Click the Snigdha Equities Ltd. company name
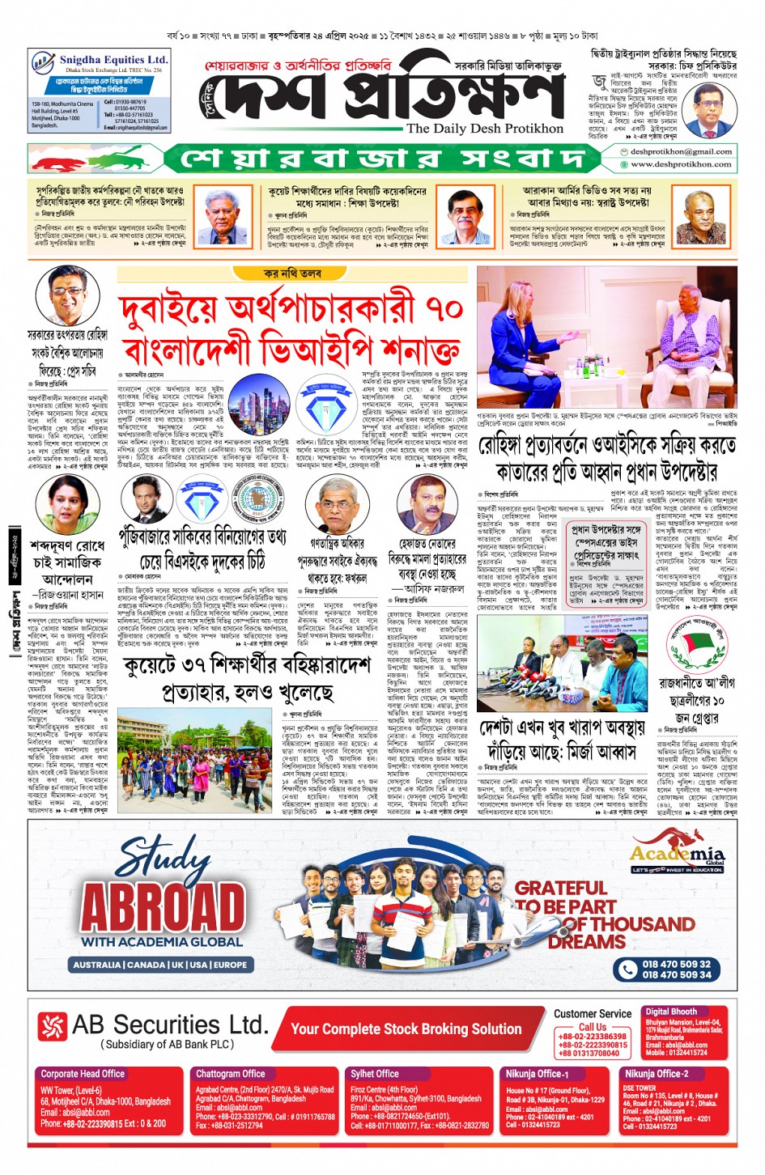[113, 60]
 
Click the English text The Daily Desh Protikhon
[484, 129]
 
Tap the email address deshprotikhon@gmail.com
[681, 151]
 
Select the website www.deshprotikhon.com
[681, 164]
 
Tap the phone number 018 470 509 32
[677, 964]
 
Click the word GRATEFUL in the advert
[560, 888]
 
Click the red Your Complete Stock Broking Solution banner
[406, 1029]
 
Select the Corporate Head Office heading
[83, 1074]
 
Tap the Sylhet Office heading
[375, 1074]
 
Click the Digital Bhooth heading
[671, 1012]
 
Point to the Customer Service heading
[593, 1013]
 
